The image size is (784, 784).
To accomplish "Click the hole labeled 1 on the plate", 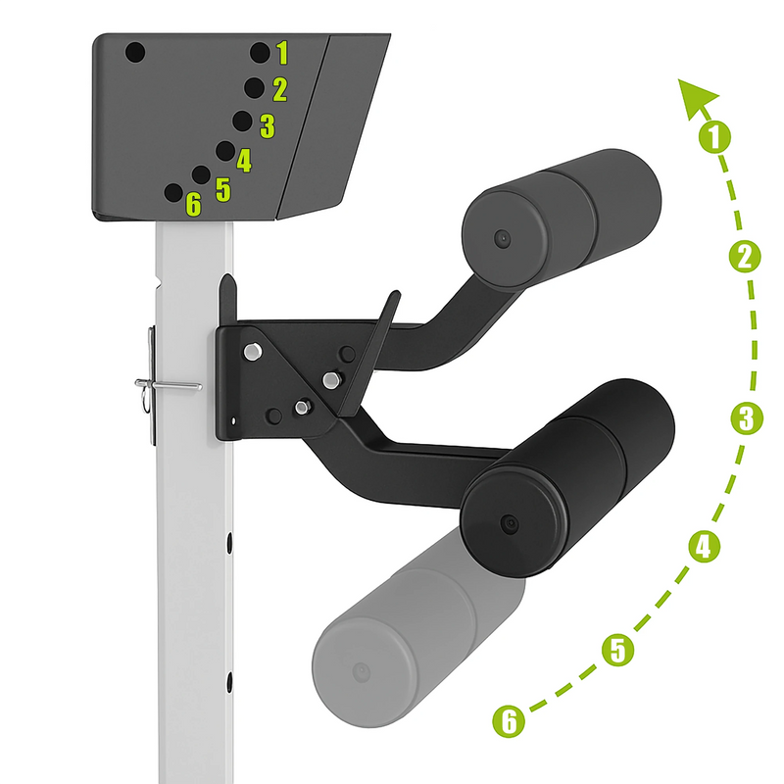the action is (260, 53).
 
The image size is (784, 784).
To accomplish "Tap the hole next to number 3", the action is (242, 121).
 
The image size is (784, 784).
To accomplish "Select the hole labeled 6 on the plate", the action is (173, 192).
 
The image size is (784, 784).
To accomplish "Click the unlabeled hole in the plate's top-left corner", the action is (135, 53).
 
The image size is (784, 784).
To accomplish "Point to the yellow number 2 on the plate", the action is (280, 90).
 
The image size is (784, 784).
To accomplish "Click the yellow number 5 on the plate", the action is (223, 190).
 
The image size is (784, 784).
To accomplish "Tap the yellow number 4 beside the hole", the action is (244, 161).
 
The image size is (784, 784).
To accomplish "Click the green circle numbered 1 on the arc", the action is (714, 137).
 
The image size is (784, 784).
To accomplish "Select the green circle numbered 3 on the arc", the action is (747, 418).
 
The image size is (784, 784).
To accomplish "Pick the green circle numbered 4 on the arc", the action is (704, 546).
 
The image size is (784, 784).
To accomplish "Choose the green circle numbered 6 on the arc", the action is (509, 721).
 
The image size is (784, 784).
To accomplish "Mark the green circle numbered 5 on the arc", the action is (618, 650).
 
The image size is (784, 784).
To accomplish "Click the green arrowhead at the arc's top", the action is (695, 97).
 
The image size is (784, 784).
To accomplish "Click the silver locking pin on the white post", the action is (168, 385).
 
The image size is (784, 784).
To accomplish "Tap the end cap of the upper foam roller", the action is (502, 238).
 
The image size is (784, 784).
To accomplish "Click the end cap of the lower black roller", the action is (511, 522).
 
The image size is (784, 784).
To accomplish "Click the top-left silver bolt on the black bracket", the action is (253, 351).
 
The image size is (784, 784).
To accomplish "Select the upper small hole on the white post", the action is (229, 543).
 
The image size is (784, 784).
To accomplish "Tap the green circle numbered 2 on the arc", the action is (745, 258).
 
